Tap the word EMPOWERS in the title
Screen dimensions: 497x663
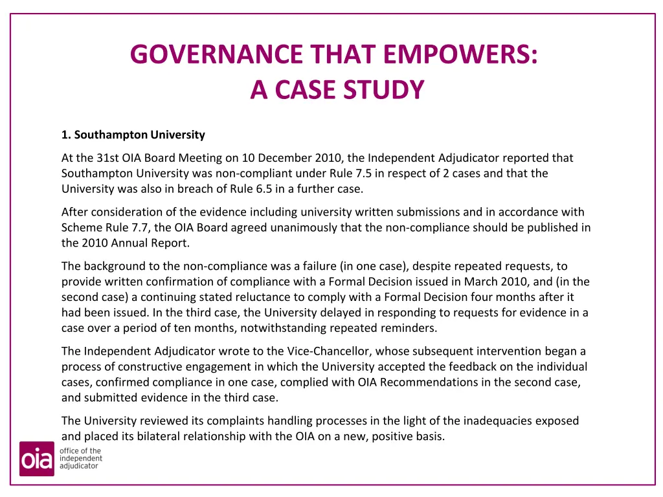click(460, 54)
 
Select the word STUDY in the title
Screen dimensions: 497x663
click(383, 90)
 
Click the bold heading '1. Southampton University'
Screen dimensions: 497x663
click(133, 135)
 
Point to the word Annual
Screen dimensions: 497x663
click(131, 243)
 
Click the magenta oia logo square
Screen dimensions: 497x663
click(37, 459)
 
